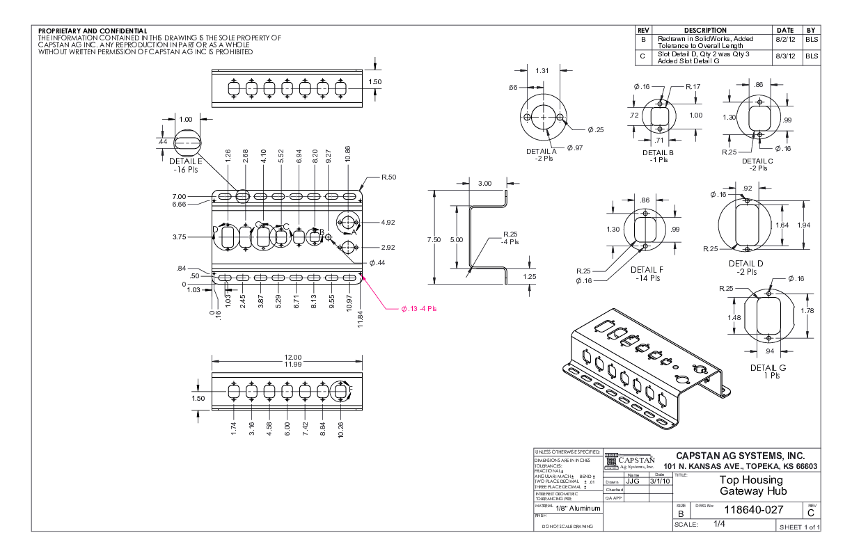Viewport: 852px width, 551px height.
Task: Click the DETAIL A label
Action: click(541, 151)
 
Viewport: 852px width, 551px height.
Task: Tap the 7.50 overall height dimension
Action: click(434, 239)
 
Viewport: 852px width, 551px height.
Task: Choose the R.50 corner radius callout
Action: click(388, 178)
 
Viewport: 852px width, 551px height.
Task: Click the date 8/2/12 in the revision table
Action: click(784, 40)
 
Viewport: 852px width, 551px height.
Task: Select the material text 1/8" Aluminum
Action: click(577, 509)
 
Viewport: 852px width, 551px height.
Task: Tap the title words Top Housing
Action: click(750, 480)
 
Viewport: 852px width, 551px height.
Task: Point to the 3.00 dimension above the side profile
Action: click(484, 183)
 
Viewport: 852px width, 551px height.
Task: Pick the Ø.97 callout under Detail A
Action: click(574, 147)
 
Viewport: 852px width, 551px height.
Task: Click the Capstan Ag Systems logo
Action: click(630, 462)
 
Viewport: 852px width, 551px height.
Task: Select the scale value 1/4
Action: click(720, 524)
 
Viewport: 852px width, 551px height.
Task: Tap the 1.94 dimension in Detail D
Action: click(803, 225)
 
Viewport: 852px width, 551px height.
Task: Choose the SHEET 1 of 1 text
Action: click(799, 527)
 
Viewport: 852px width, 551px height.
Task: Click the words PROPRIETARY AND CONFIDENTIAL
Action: click(93, 31)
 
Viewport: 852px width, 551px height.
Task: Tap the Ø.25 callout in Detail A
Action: click(595, 130)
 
